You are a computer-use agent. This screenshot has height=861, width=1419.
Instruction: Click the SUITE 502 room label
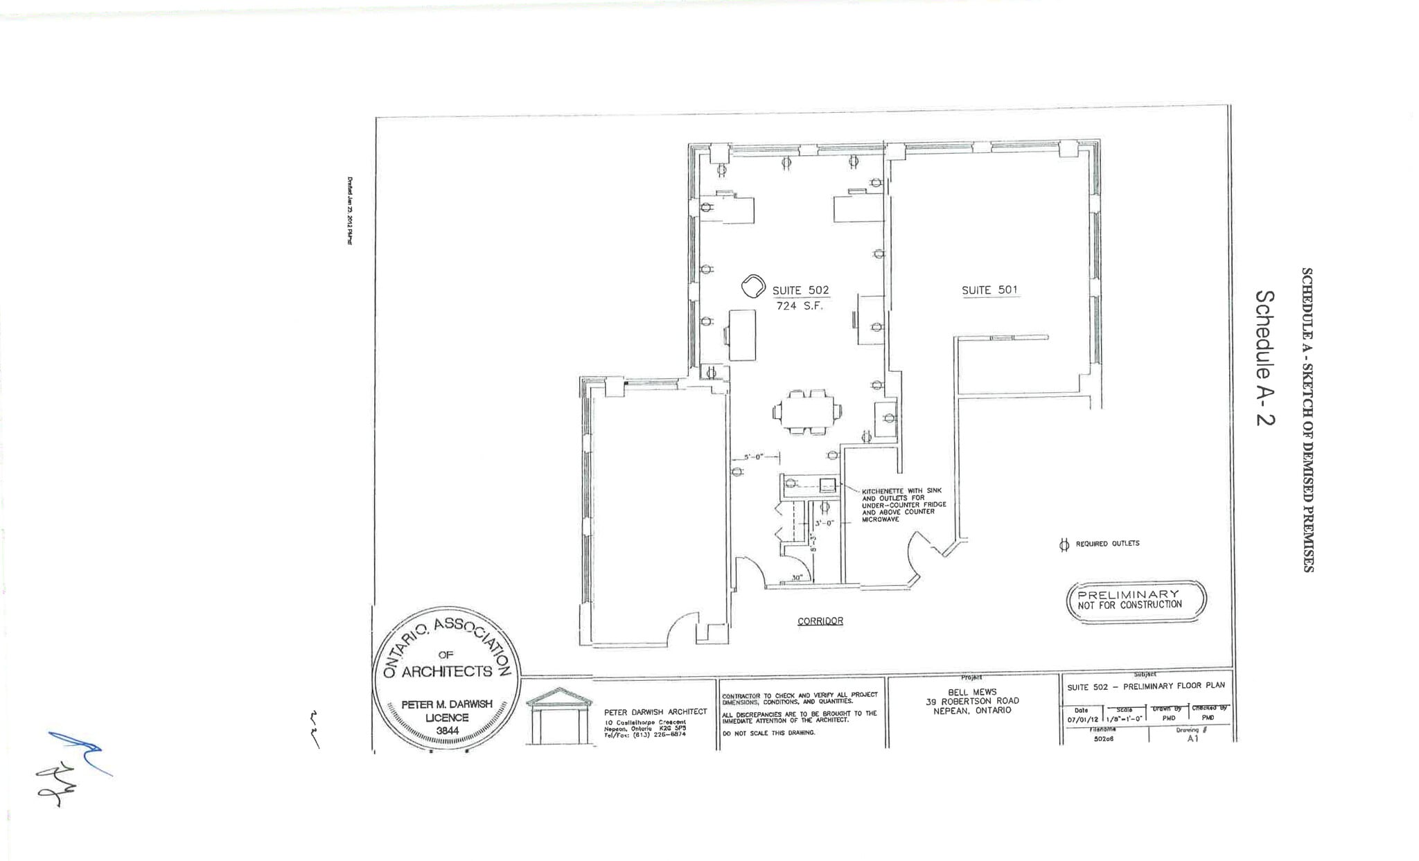(x=800, y=291)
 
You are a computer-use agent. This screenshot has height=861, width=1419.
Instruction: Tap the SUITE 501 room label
(x=989, y=290)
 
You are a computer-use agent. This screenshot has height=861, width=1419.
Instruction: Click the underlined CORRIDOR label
(x=820, y=621)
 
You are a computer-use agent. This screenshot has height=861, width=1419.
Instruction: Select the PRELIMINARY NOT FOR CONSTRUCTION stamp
(x=1136, y=600)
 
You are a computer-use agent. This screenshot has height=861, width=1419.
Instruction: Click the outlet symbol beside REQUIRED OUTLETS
(x=1064, y=545)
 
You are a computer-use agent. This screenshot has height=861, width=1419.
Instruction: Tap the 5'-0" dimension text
(x=753, y=457)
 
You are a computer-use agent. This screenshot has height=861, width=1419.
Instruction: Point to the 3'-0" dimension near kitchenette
(x=825, y=524)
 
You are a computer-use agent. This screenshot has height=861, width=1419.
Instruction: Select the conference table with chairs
(x=808, y=412)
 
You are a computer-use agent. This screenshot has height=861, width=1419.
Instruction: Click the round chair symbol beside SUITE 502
(x=752, y=286)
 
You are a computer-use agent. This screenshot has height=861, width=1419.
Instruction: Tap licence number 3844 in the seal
(x=447, y=730)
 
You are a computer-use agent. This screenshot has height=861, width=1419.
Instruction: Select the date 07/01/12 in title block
(x=1082, y=719)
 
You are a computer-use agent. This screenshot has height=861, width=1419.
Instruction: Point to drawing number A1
(x=1192, y=738)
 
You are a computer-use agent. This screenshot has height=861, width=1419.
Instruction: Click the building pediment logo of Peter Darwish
(x=558, y=716)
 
